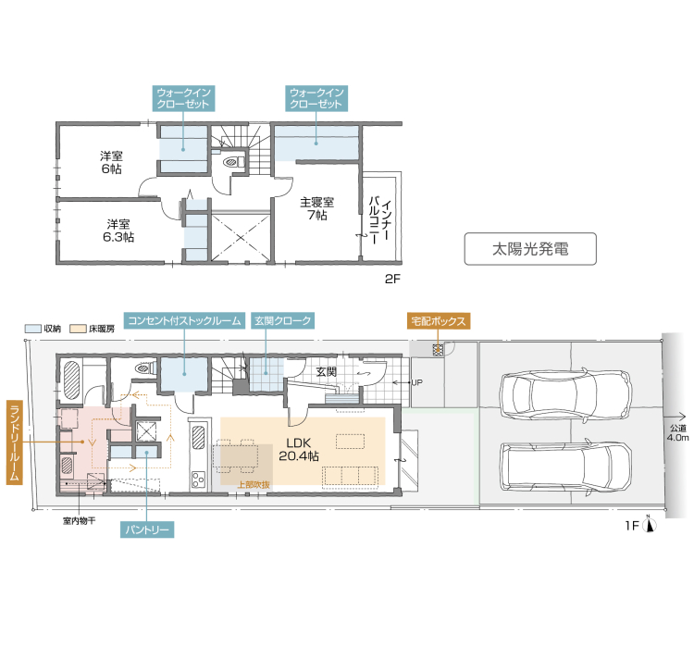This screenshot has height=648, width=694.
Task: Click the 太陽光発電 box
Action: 530,249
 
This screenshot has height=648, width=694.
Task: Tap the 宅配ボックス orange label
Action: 439,320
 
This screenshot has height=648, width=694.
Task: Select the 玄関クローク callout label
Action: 283,320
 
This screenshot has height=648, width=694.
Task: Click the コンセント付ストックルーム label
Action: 184,320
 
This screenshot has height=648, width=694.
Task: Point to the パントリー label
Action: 147,530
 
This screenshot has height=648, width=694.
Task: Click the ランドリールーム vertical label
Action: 14,442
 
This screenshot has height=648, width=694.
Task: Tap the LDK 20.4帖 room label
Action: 299,449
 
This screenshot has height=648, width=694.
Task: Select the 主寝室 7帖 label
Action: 316,208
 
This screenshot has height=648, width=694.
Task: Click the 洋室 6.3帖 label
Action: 118,231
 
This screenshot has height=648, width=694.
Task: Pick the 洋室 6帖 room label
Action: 111,162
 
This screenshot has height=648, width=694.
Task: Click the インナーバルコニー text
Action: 380,221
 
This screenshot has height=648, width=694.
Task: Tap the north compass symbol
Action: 650,525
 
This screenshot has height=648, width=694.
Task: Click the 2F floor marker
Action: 392,279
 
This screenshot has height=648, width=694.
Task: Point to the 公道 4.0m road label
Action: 678,432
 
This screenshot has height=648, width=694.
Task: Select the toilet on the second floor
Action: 233,161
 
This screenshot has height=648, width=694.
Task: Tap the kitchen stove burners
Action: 198,480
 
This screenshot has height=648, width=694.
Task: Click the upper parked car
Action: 565,393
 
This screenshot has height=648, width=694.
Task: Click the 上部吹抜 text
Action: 254,485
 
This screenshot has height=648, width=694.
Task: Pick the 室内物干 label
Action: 80,521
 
